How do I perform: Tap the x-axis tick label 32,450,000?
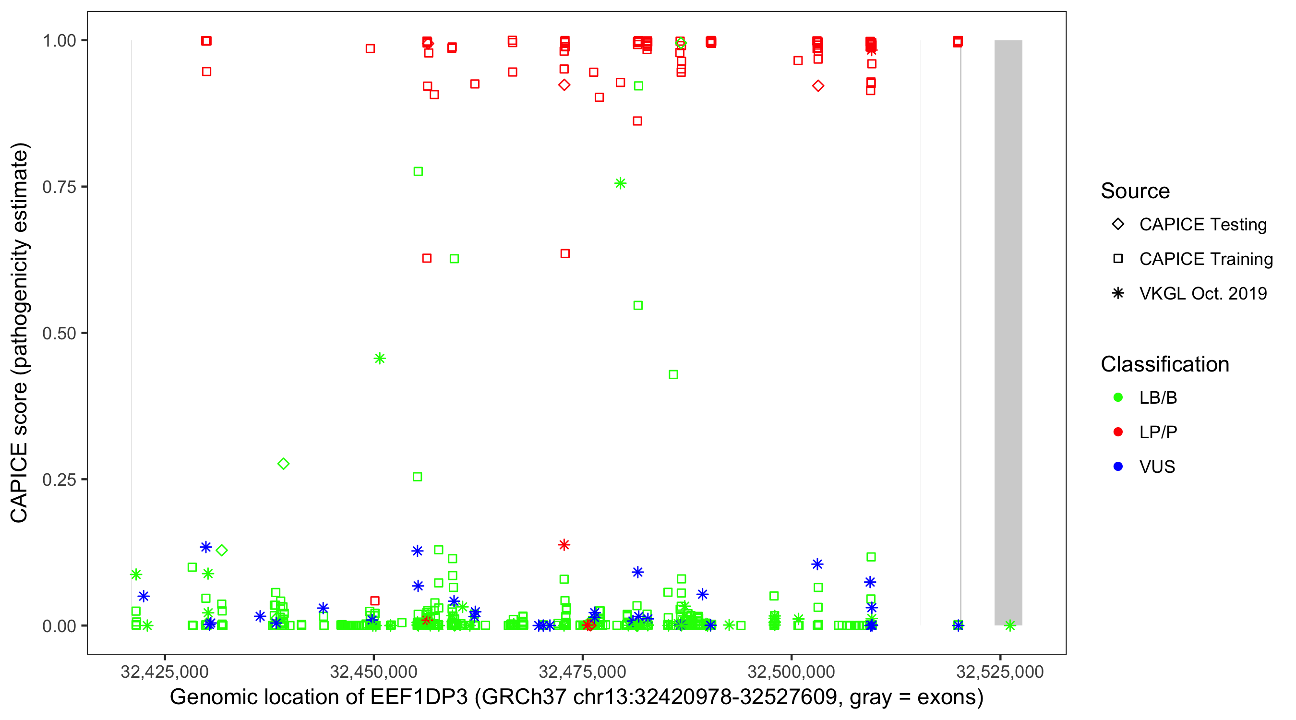coord(373,672)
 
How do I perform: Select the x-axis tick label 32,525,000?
coord(1000,672)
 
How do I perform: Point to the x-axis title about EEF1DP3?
coord(576,697)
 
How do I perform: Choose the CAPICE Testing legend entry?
coord(1202,225)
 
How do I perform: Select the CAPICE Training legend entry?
coord(1205,259)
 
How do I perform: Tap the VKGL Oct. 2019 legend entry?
coord(1202,294)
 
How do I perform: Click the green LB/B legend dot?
coord(1118,397)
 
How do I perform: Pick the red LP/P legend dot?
coord(1118,432)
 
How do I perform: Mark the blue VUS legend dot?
coord(1118,467)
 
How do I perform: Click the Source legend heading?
coord(1135,191)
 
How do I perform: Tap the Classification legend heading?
coord(1164,364)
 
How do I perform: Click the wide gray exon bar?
coord(1008,332)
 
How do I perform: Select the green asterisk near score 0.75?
coord(620,184)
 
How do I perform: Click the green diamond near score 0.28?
coord(283,464)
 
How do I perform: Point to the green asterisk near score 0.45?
coord(380,359)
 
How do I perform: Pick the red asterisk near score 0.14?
coord(564,545)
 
